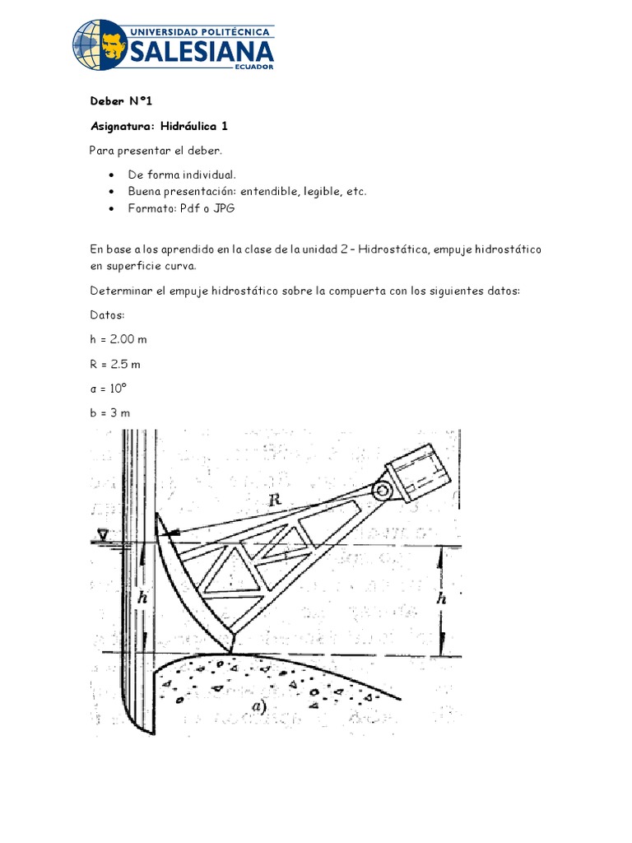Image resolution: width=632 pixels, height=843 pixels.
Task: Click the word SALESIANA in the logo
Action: [x=201, y=51]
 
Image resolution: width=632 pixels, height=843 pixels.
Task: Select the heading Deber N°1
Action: [x=121, y=101]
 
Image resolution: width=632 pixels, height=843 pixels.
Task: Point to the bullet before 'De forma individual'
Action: [x=111, y=175]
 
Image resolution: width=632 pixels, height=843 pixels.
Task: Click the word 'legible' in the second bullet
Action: [x=320, y=191]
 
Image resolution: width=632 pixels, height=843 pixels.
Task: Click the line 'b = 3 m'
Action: [x=110, y=413]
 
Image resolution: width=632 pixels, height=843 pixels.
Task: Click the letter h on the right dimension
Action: [x=442, y=600]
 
